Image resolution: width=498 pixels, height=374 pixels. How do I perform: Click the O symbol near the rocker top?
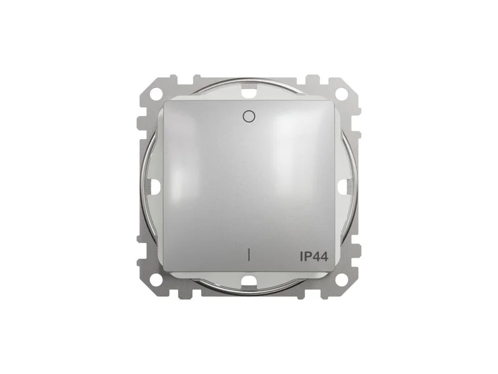pos(248,117)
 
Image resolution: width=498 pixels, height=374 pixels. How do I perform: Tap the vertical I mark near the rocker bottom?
pos(248,254)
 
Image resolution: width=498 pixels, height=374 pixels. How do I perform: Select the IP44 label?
pos(314,256)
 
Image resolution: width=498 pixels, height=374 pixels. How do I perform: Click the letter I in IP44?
pos(301,256)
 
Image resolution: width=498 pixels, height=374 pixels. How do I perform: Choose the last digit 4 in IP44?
pos(324,256)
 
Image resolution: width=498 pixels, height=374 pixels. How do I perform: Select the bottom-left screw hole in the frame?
pos(156,280)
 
